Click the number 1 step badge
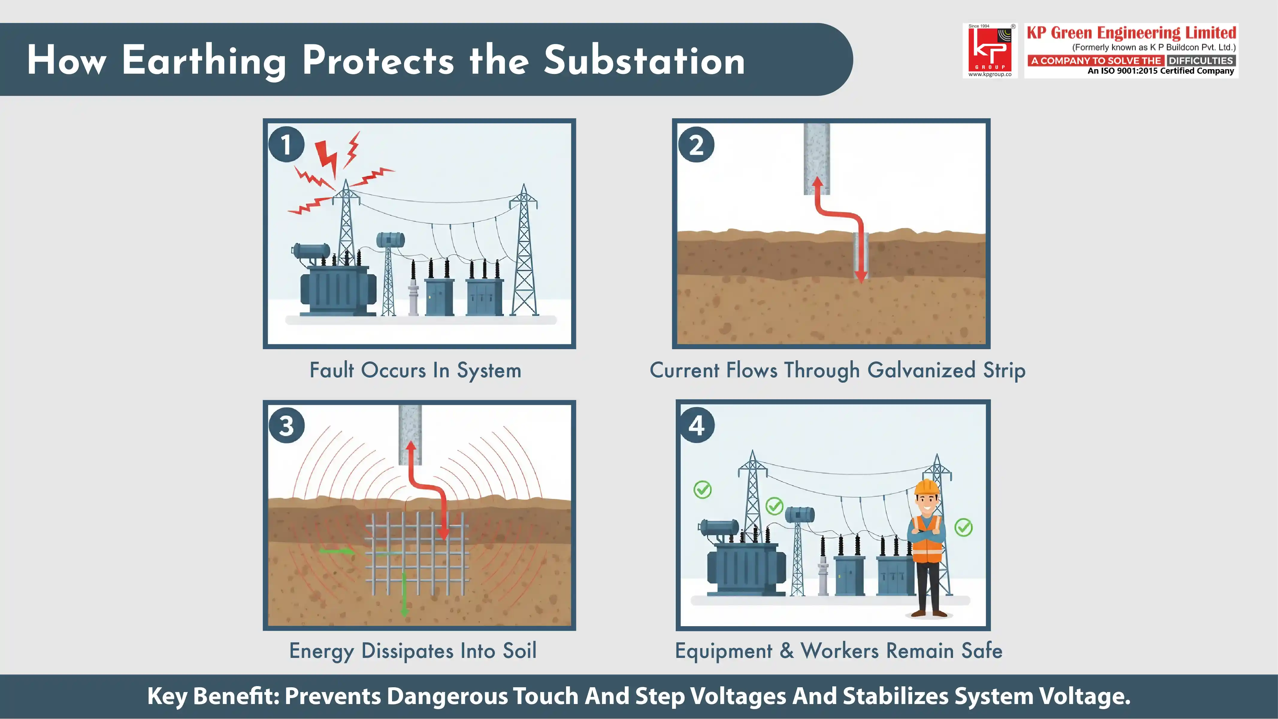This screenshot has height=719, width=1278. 286,144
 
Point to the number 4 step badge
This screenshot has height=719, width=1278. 697,425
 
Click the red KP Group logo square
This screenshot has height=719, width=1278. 990,50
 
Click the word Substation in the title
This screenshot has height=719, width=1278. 645,60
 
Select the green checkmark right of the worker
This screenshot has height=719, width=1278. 964,527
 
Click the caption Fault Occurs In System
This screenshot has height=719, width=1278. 415,370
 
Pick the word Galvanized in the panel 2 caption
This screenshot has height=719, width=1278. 922,370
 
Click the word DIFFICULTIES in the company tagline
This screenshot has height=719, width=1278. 1201,60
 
